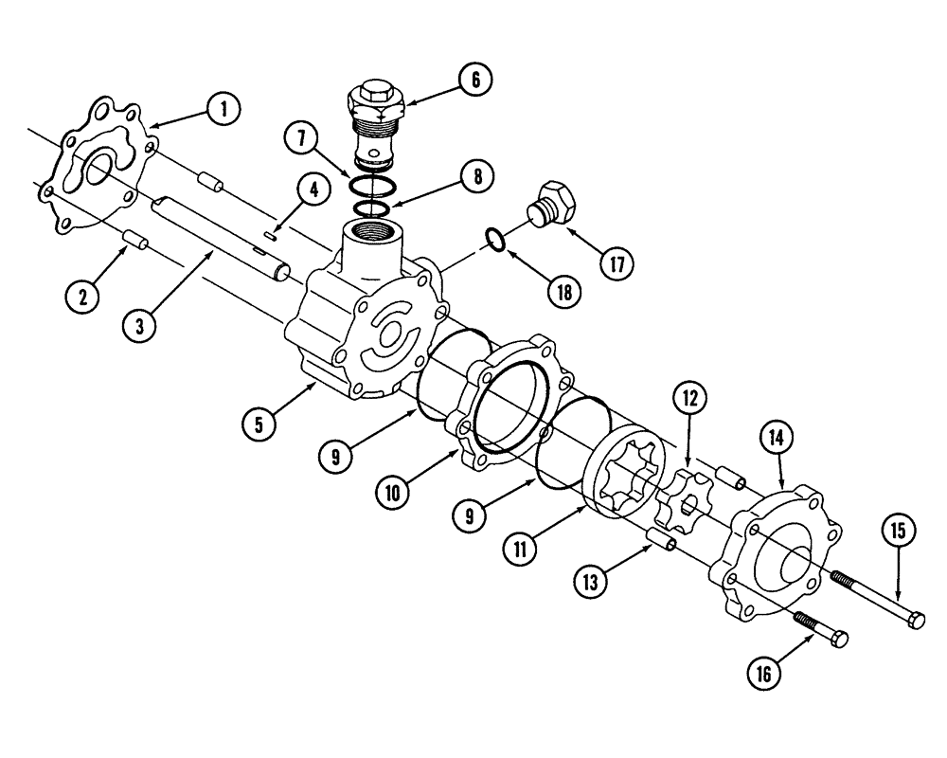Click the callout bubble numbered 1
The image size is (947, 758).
click(x=223, y=110)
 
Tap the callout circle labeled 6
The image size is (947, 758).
click(x=475, y=80)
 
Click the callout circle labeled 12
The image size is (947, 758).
click(x=690, y=399)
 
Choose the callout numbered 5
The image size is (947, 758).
click(x=258, y=423)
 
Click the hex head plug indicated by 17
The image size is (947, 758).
click(x=556, y=203)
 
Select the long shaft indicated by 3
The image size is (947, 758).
click(x=218, y=237)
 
